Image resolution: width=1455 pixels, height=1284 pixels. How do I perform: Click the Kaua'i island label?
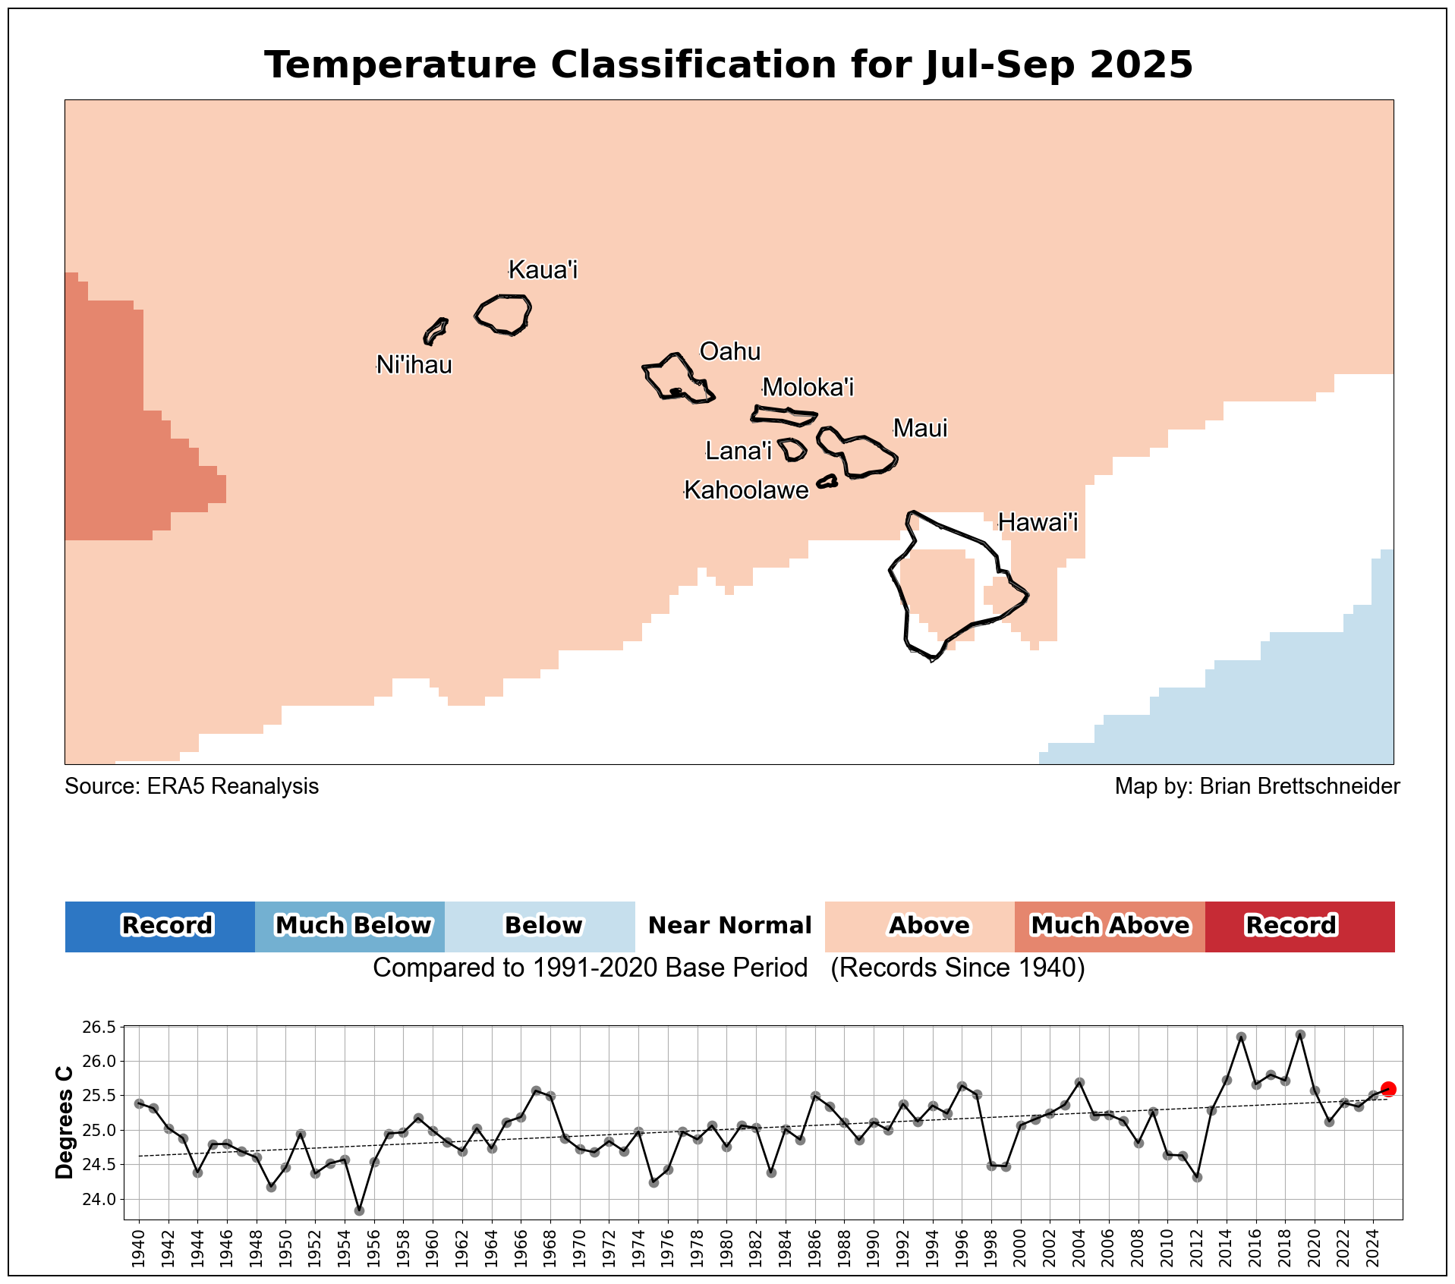coord(543,270)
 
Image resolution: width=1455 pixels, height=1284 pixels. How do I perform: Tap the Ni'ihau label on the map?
coord(414,366)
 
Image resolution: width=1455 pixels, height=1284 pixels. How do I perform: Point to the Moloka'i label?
coord(808,388)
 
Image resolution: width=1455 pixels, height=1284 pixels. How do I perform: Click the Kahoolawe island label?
coord(747,491)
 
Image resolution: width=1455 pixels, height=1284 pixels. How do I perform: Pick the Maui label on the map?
coord(920,429)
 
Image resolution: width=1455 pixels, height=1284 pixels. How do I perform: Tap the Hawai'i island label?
coord(1038,523)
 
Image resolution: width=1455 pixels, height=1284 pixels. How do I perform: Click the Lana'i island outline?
coord(792,450)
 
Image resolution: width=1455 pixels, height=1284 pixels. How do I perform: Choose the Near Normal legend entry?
coord(730,927)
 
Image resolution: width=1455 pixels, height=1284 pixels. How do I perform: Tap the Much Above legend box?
coord(1110,927)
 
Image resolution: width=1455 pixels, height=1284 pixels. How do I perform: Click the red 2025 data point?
coord(1388,1089)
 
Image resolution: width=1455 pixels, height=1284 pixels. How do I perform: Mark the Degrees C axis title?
coord(65,1123)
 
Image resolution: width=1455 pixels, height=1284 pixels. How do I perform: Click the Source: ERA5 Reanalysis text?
coord(191,787)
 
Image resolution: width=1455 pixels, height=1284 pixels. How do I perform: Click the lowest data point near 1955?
coord(359,1210)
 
